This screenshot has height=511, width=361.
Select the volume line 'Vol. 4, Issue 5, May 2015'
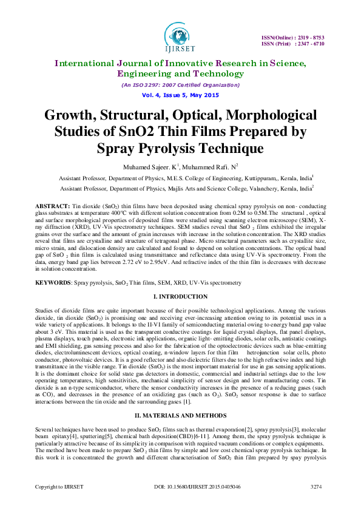180,95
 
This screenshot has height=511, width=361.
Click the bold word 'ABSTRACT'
52,207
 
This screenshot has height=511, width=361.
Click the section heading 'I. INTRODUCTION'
180,296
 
